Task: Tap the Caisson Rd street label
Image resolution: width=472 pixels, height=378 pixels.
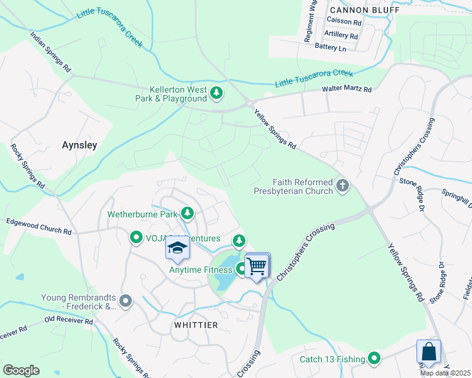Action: coord(348,22)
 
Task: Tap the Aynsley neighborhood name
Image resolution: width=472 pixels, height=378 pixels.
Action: coord(80,145)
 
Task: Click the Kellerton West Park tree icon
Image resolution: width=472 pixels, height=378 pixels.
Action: coord(216,94)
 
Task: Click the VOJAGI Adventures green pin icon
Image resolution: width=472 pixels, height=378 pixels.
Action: coord(136,238)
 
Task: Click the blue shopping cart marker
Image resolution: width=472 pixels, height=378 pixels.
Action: coord(257,266)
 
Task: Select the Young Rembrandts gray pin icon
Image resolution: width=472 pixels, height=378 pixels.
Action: coord(126,302)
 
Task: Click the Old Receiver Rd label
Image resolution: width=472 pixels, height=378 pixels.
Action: coord(68,321)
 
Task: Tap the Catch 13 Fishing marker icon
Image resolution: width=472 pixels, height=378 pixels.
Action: coord(374,358)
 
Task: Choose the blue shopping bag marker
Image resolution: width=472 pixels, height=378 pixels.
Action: coord(428,352)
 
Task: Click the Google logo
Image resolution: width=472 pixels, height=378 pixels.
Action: coord(21,370)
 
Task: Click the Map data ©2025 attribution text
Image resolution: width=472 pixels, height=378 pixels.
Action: coord(444,373)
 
